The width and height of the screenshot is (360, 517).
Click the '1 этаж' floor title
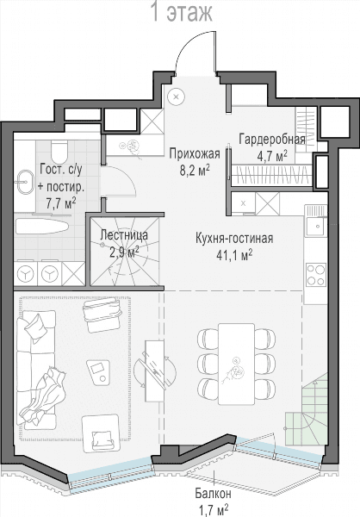click(x=181, y=12)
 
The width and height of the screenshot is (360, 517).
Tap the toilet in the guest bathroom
click(x=59, y=151)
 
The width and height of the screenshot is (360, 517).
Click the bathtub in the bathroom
click(x=41, y=227)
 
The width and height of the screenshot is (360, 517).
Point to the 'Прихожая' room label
click(x=195, y=153)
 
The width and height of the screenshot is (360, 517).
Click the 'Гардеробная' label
click(x=272, y=139)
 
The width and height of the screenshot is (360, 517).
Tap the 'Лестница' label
click(x=124, y=235)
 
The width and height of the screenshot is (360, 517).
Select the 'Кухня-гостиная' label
click(x=234, y=238)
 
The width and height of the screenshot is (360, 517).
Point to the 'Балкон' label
click(x=213, y=494)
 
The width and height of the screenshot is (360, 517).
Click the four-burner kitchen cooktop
click(x=315, y=274)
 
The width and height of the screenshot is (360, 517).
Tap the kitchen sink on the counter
click(x=316, y=225)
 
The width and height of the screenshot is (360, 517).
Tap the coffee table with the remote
click(x=97, y=372)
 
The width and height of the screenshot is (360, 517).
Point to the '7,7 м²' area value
click(x=61, y=203)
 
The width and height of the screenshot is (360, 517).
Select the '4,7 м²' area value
click(x=272, y=156)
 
